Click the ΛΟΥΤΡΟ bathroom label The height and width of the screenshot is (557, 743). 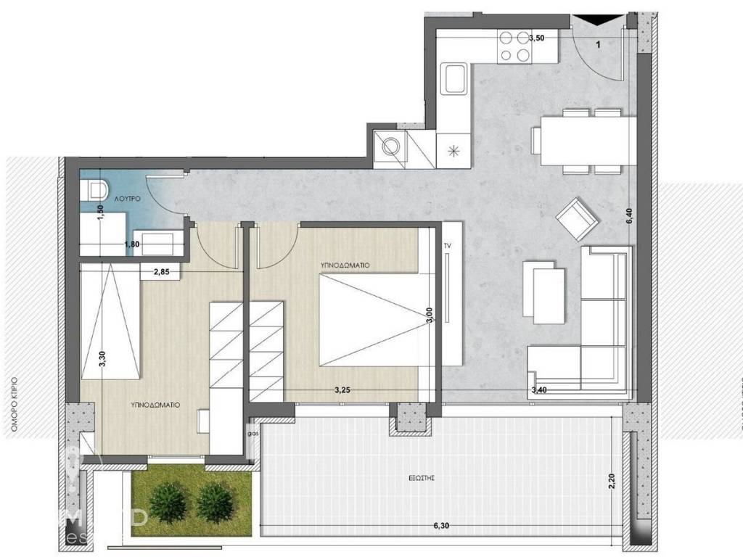point(146,197)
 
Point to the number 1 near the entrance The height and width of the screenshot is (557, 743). point(598,45)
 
